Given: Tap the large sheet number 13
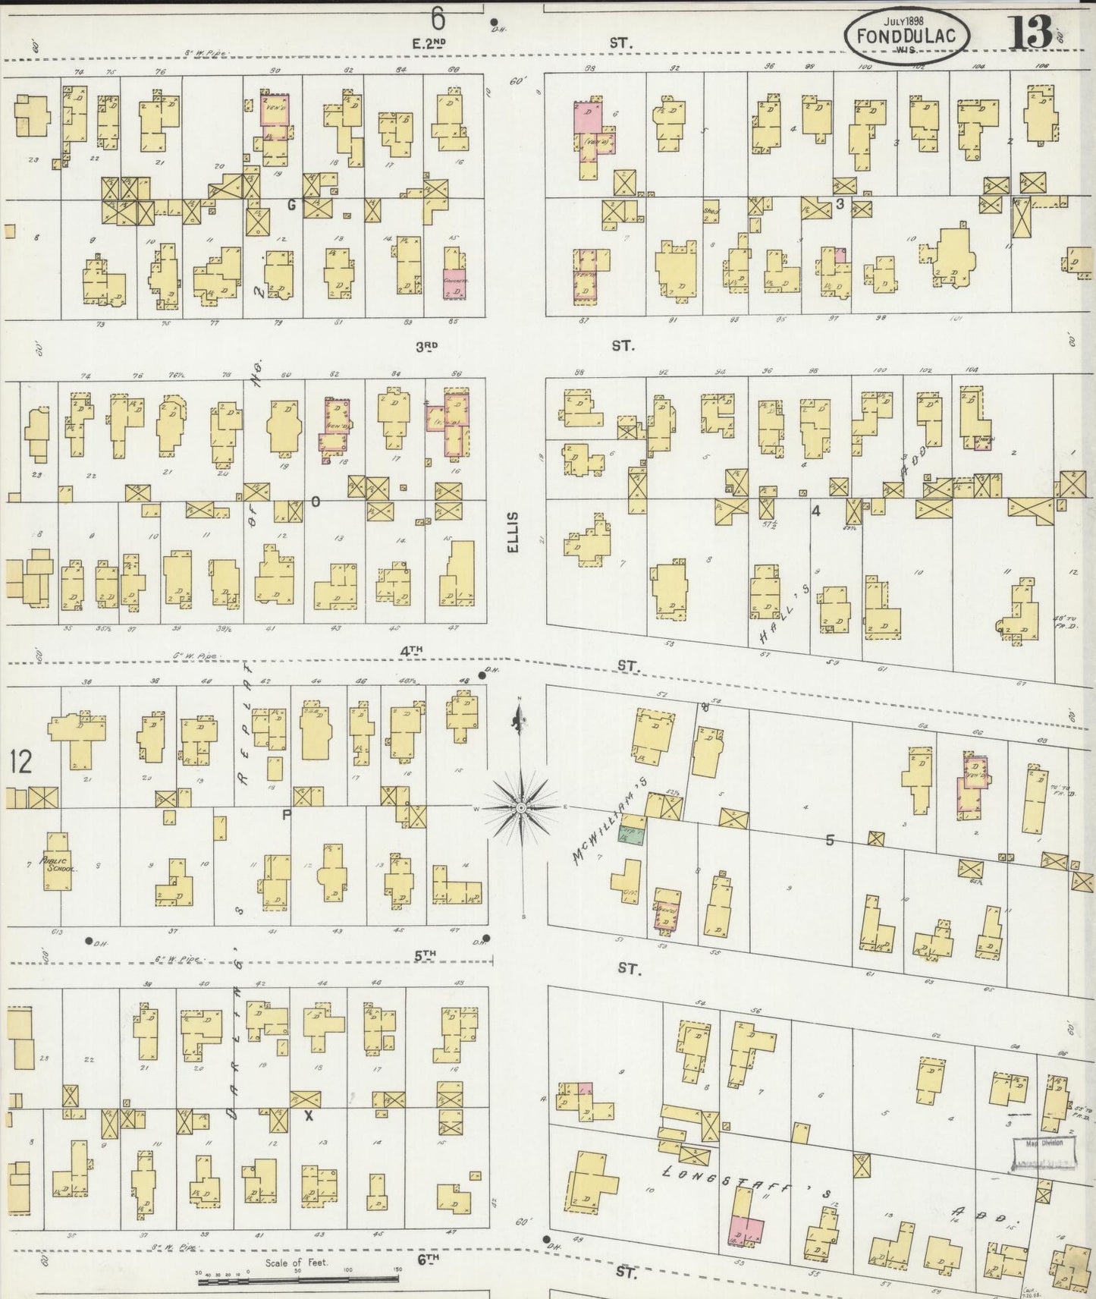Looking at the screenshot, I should [x=1030, y=32].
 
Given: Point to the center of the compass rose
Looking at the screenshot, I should [x=521, y=809].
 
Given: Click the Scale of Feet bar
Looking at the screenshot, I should [x=300, y=1282].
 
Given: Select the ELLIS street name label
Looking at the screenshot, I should [x=513, y=532].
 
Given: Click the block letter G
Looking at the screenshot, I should [x=291, y=204].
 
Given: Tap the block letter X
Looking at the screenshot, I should [x=308, y=1115].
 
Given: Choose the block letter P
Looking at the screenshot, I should [x=287, y=815].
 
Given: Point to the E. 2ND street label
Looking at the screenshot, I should [x=426, y=44].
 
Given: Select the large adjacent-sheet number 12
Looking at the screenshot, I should [x=20, y=762].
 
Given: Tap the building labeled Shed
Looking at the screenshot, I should [x=711, y=214].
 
